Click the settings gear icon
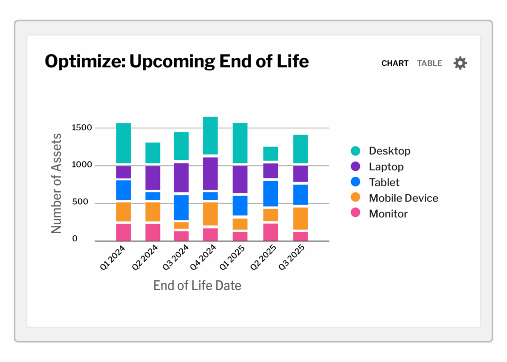tap(460, 63)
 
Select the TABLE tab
tap(429, 63)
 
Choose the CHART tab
tap(395, 63)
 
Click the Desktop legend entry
tap(381, 151)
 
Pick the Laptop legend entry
tap(377, 166)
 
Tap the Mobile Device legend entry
tap(395, 198)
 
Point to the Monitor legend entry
tap(379, 213)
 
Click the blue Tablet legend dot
tap(355, 182)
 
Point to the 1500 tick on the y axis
tap(82, 127)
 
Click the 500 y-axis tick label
tap(80, 202)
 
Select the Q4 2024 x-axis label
tap(203, 257)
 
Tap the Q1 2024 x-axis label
tap(112, 258)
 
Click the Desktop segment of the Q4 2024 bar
tap(210, 136)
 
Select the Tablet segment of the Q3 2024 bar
tap(181, 207)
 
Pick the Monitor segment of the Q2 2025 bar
tap(271, 232)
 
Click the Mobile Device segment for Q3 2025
tap(301, 219)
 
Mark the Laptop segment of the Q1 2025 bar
tap(240, 180)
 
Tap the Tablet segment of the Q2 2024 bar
tap(153, 196)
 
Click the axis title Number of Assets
tap(56, 183)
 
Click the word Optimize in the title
tap(85, 61)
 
